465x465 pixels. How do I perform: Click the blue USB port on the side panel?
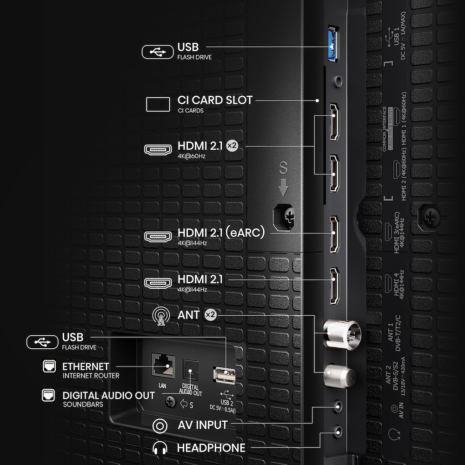(332, 45)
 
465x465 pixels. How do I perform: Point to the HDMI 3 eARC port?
(334, 235)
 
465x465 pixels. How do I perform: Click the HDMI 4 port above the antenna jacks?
(334, 286)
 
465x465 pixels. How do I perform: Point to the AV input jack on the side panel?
(339, 407)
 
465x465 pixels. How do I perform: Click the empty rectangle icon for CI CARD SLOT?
(158, 104)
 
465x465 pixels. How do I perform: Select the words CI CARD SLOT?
(215, 100)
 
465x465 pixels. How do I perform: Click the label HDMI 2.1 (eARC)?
(221, 233)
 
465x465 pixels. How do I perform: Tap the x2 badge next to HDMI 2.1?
(232, 146)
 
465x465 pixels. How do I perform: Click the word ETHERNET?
(86, 366)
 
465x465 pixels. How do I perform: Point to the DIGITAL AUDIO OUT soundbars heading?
(108, 396)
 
